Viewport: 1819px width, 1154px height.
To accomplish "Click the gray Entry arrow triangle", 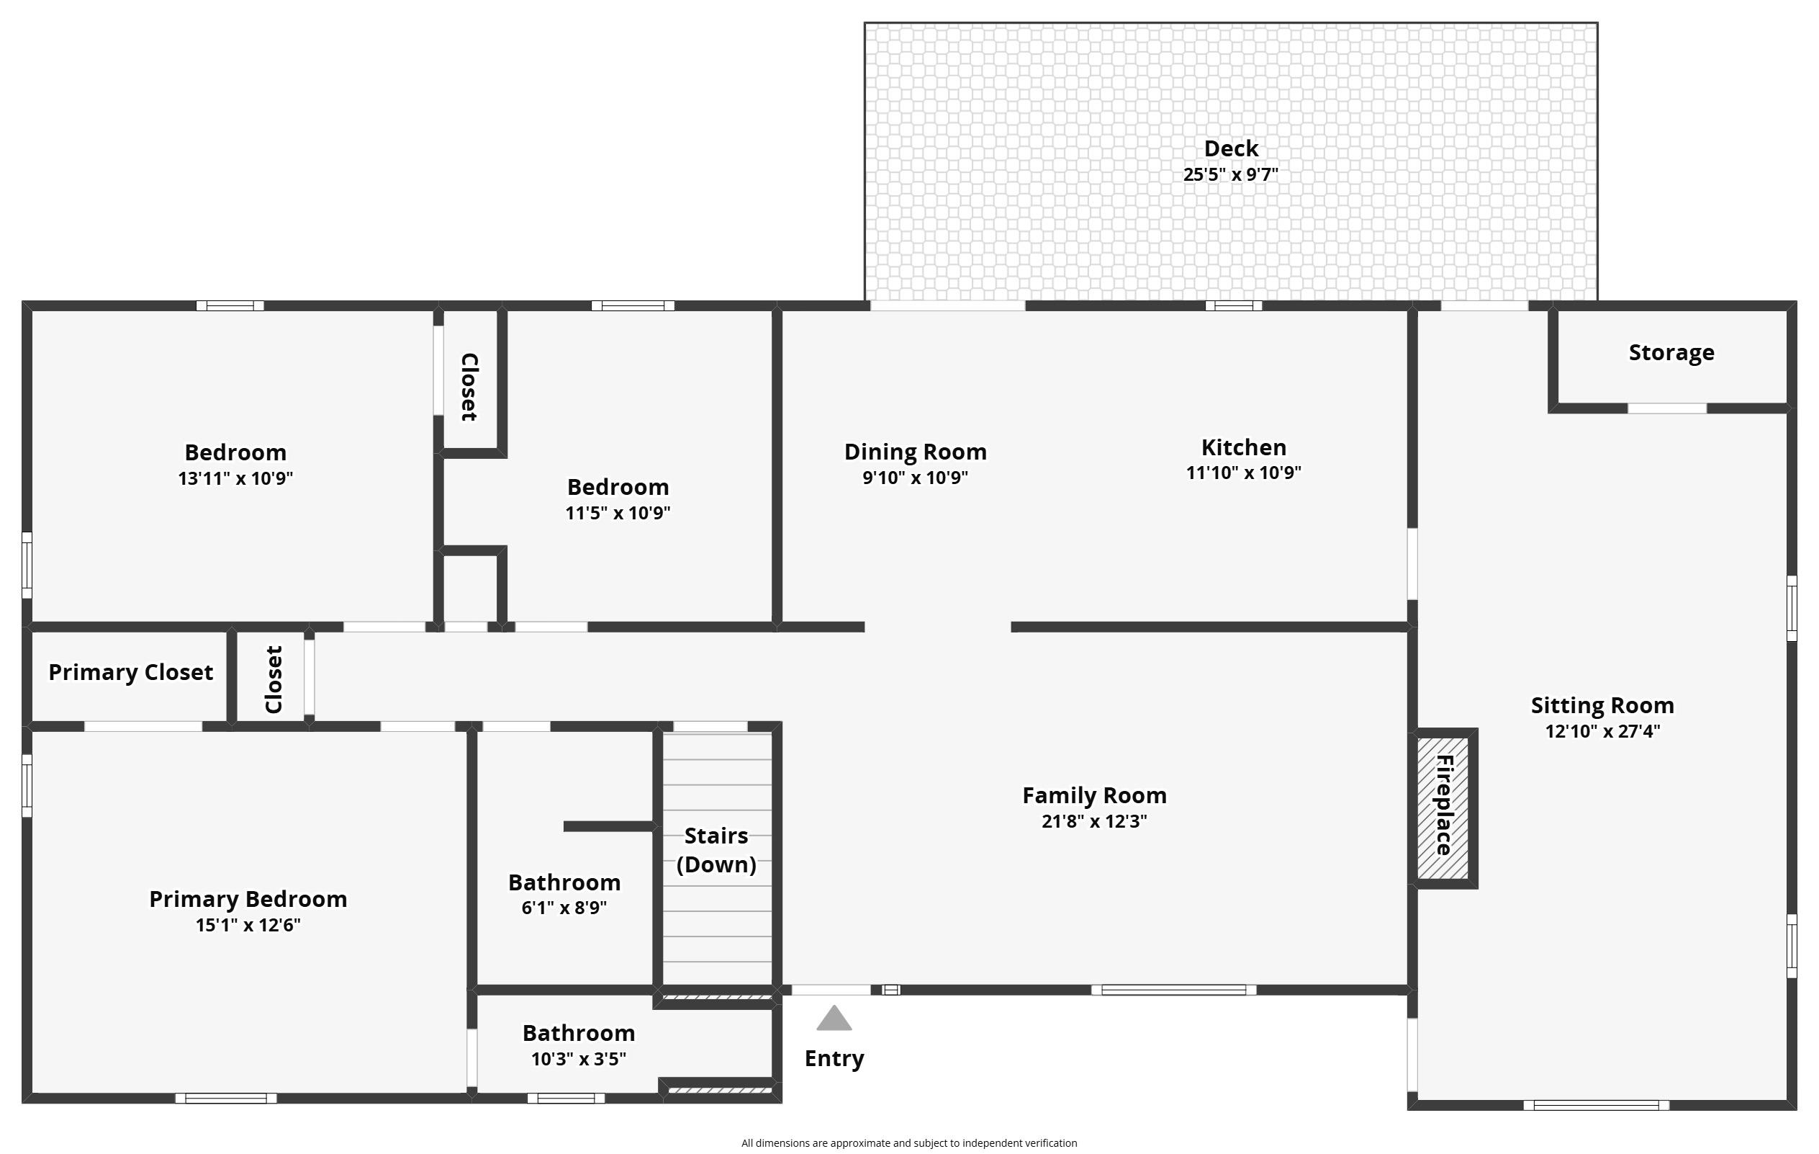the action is (834, 1018).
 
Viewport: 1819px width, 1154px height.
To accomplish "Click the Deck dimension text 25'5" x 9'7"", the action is (1231, 174).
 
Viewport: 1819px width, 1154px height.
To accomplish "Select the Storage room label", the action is (1671, 353).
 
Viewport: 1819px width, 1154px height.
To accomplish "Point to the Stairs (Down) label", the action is (716, 850).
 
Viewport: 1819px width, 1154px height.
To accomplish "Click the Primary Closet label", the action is (131, 673).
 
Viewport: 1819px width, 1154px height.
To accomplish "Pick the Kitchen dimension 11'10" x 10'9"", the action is (1243, 473).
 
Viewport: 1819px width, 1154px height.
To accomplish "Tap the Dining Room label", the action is (916, 452).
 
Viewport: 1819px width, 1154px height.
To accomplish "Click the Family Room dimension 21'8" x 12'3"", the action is (1094, 820).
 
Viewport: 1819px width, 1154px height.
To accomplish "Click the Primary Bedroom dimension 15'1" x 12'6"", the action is (248, 925).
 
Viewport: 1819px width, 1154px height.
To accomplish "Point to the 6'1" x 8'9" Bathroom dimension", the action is (564, 908).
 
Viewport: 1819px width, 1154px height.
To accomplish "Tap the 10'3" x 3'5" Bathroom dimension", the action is (579, 1059).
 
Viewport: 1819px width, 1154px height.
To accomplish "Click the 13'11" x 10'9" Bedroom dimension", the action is (235, 478).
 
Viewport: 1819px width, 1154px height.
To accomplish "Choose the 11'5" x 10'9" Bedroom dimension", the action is (618, 513).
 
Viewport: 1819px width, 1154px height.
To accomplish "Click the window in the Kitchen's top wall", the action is (1234, 306).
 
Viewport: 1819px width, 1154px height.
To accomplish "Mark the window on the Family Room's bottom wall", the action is (1174, 990).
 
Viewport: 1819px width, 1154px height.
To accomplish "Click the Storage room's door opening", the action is (1667, 409).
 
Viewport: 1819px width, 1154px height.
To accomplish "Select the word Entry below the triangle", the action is (834, 1059).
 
